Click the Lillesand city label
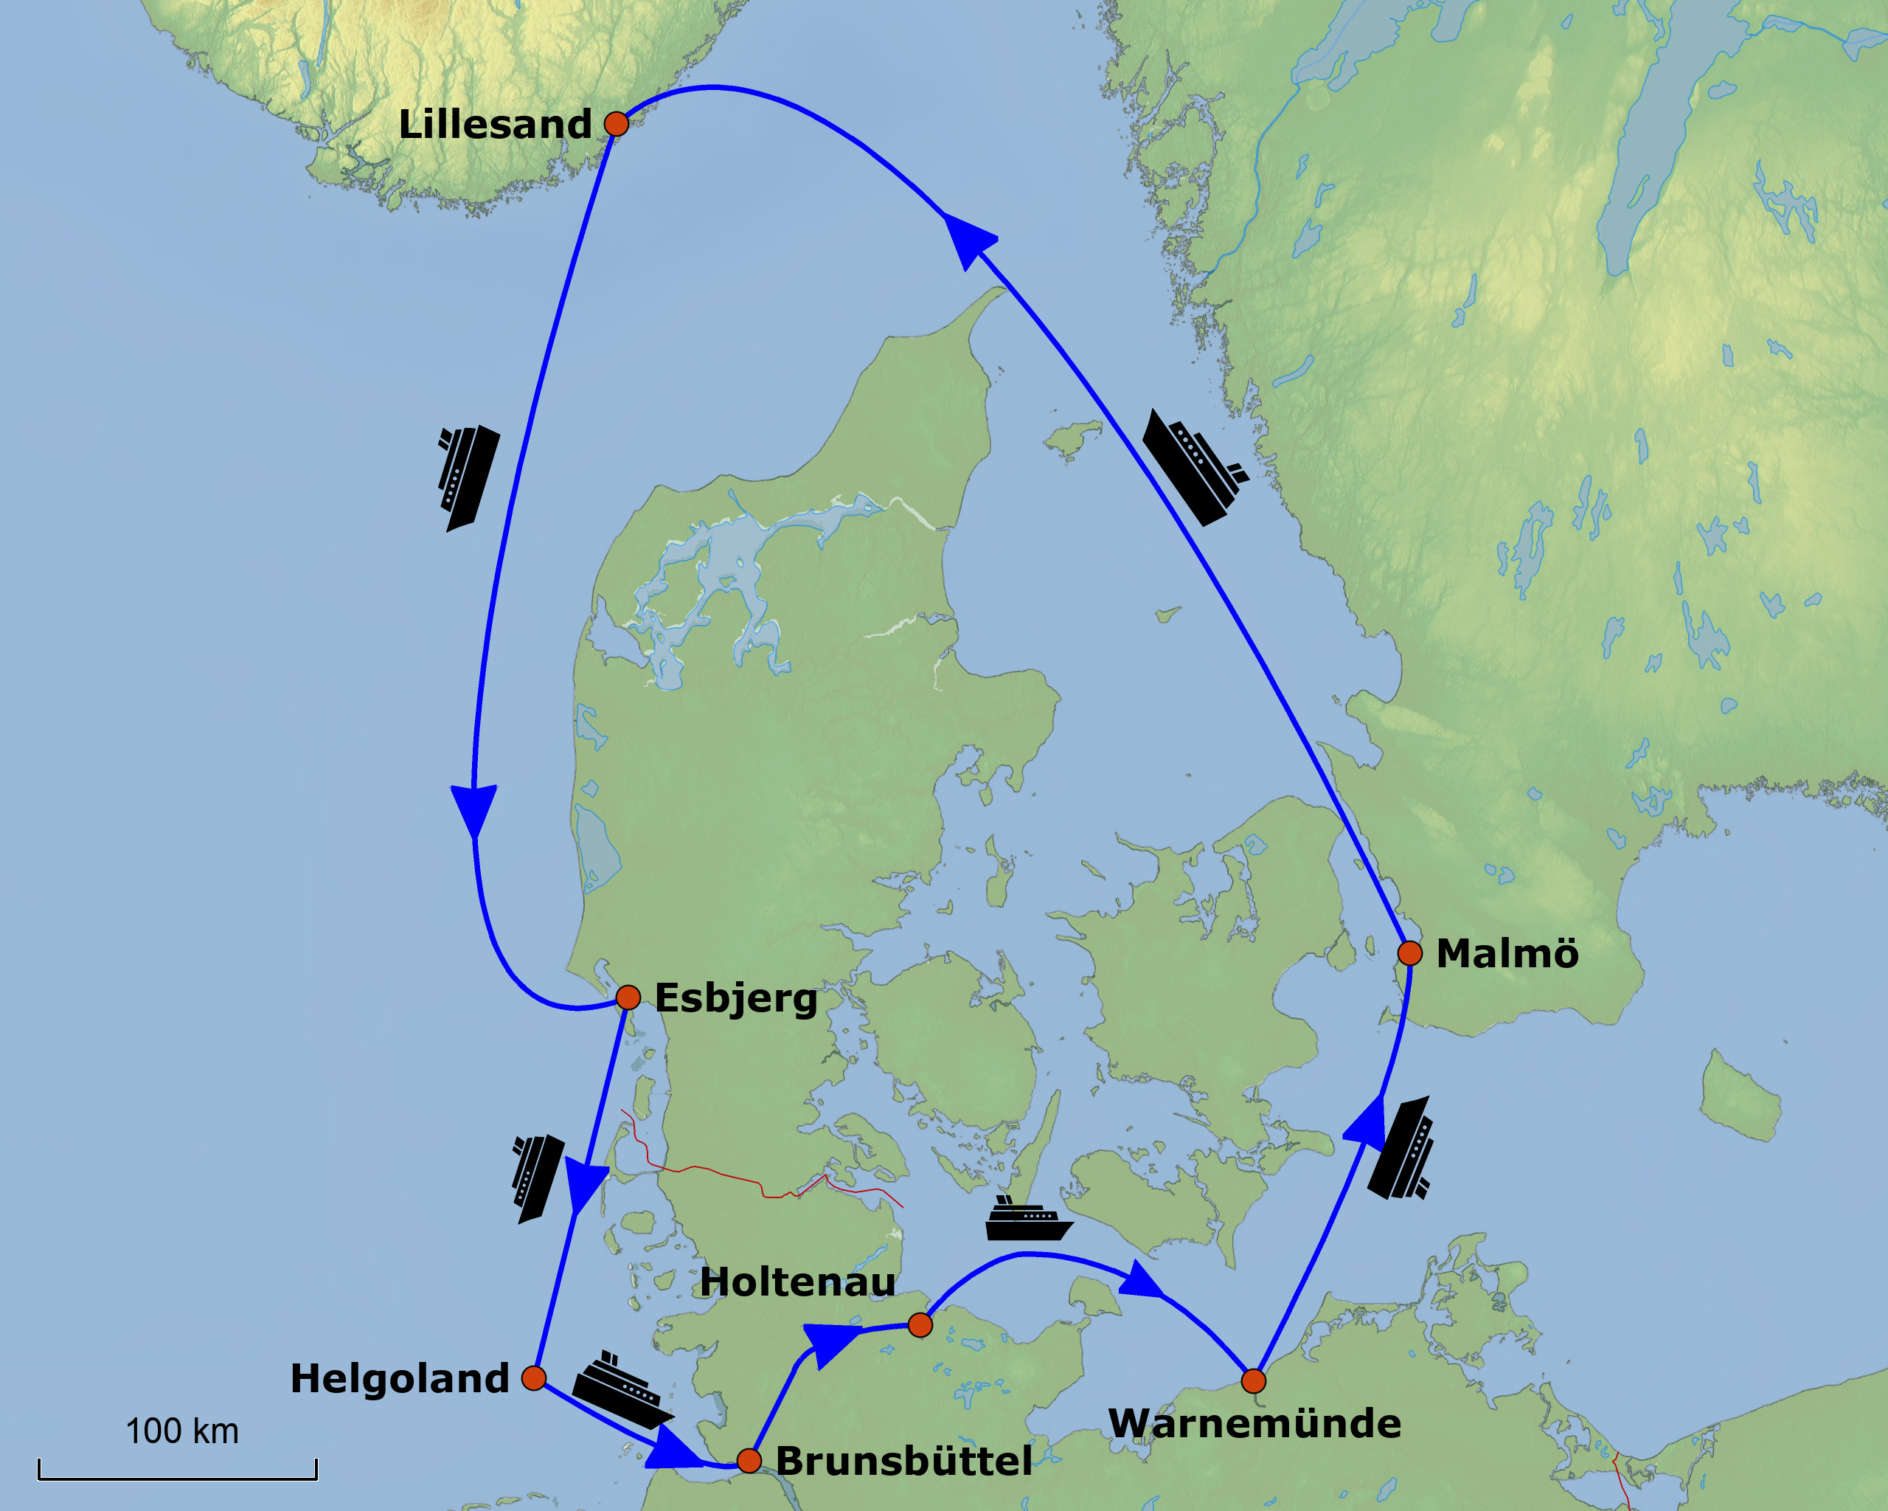coord(495,125)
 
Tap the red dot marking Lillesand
coord(617,123)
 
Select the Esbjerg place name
coord(735,997)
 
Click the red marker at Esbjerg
coord(628,997)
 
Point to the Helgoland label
coord(399,1379)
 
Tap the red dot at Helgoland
coord(533,1378)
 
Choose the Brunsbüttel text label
coord(903,1461)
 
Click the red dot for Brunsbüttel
coord(749,1460)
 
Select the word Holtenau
coord(797,1282)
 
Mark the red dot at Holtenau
coord(920,1324)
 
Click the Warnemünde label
coord(1254,1423)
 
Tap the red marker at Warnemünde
coord(1253,1381)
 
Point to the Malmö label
coord(1507,953)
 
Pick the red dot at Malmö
coord(1409,952)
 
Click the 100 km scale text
coord(181,1431)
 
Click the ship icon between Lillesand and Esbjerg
coord(468,477)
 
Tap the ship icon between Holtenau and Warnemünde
coord(1028,1220)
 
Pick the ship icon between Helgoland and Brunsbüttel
coord(620,1389)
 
